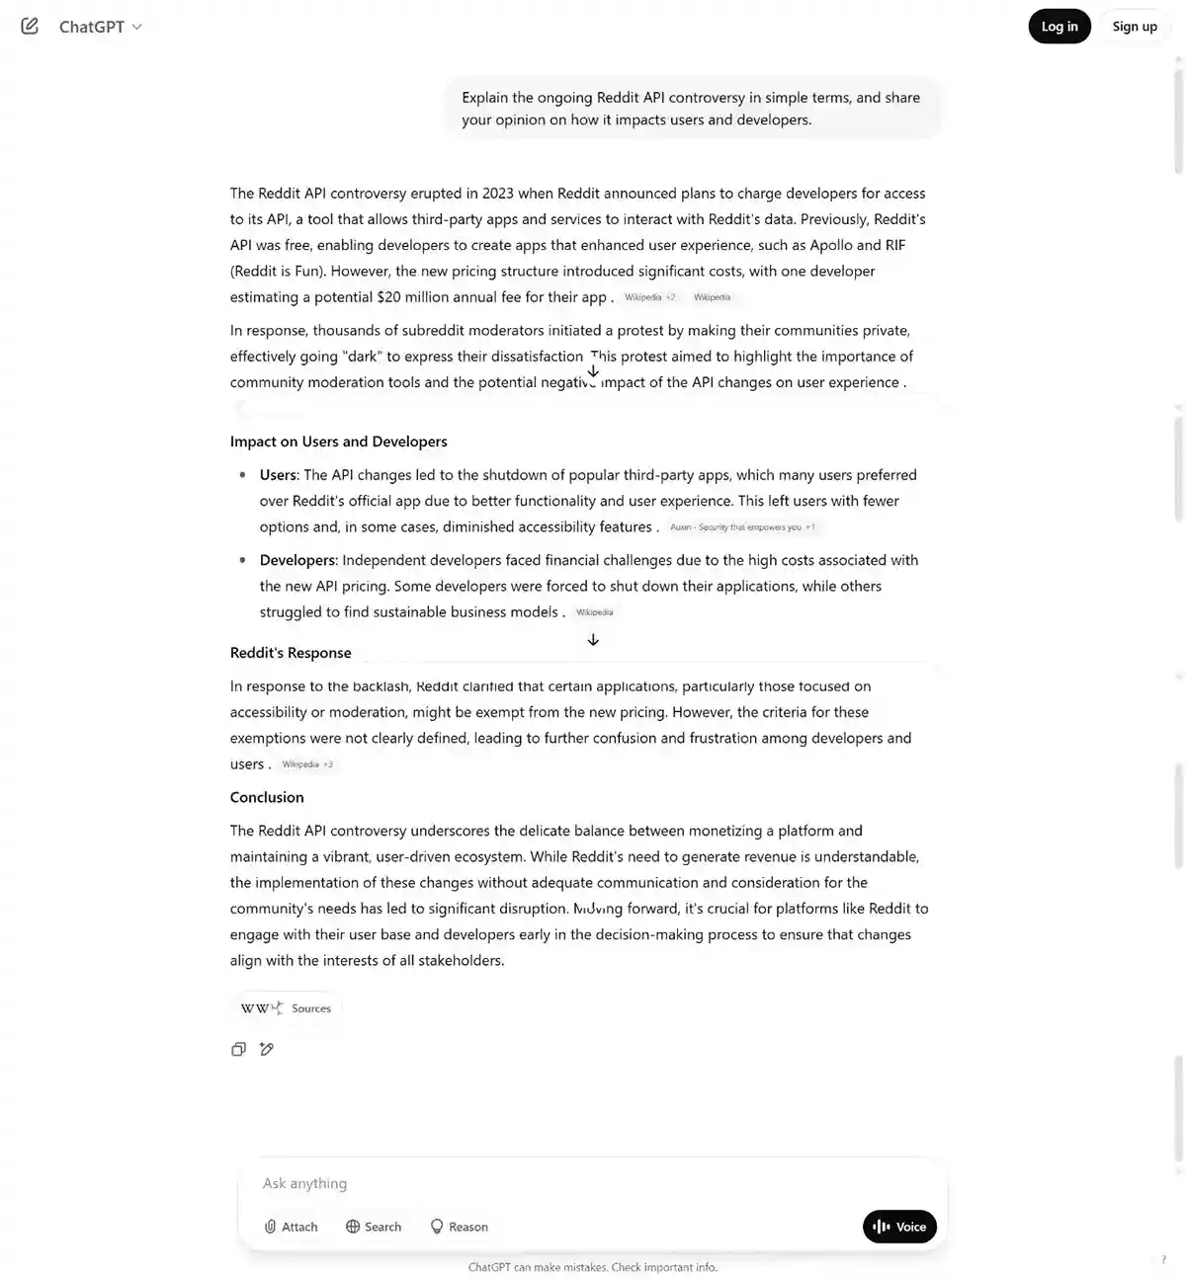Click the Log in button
click(x=1059, y=27)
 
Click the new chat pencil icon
click(x=30, y=27)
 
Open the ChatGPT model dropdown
click(x=100, y=27)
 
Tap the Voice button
click(x=899, y=1227)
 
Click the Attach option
click(x=291, y=1227)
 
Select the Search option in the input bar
click(x=374, y=1227)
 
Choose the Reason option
click(x=459, y=1227)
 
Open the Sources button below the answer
click(x=287, y=1008)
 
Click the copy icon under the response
click(x=238, y=1049)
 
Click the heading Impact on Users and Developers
click(x=338, y=441)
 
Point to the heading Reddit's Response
click(x=291, y=653)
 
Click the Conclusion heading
click(x=267, y=797)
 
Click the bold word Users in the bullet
click(x=278, y=475)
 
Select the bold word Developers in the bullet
click(x=297, y=560)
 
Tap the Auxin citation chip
click(x=742, y=527)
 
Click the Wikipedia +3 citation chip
click(x=306, y=764)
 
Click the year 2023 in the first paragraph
click(x=498, y=194)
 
